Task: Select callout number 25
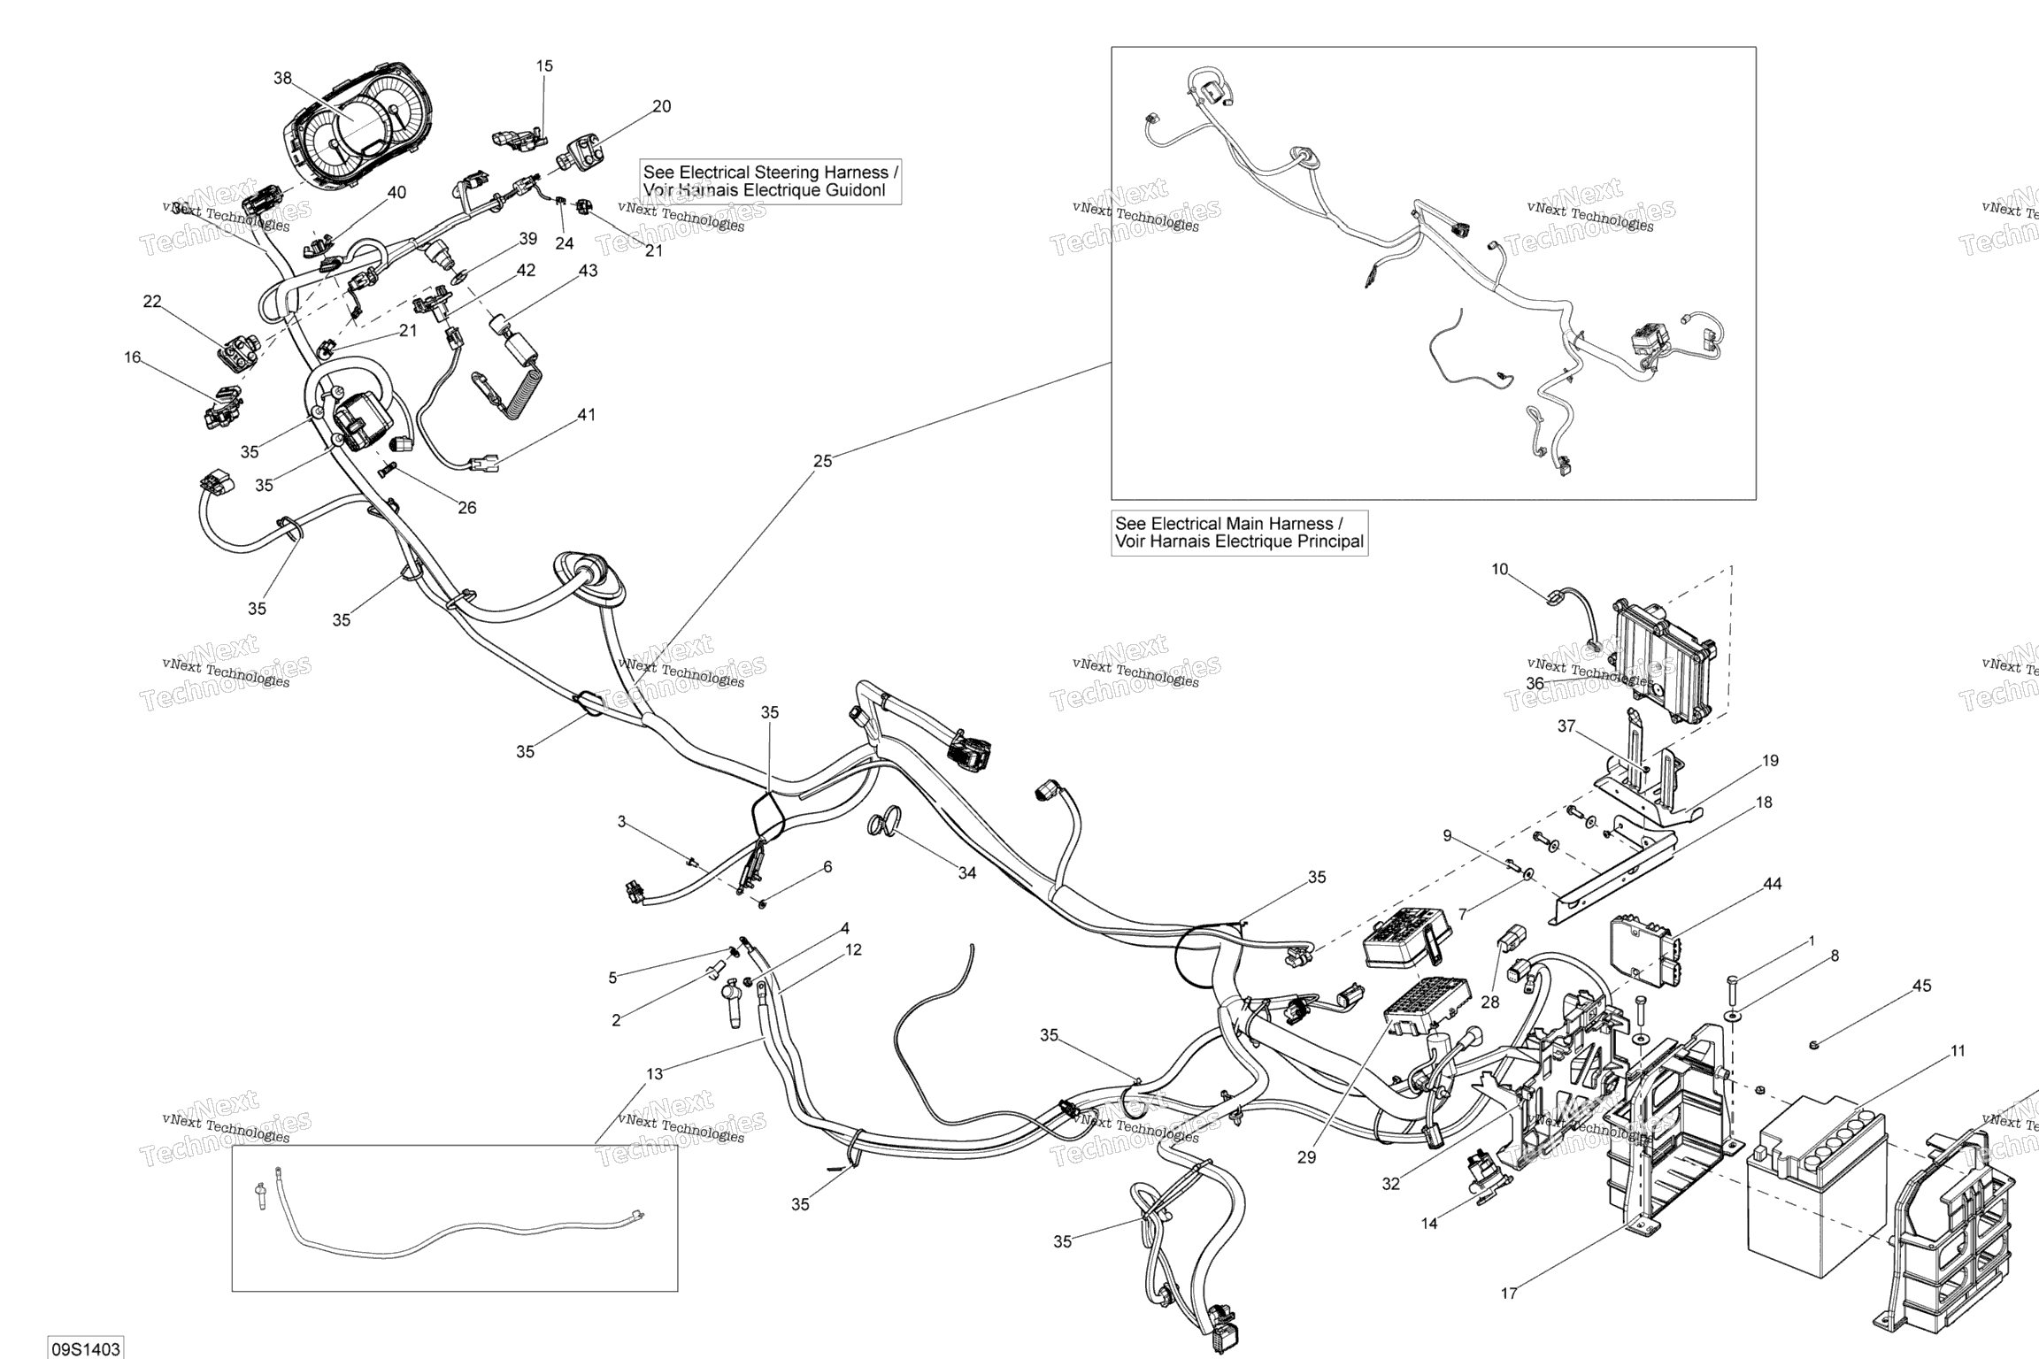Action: (x=822, y=461)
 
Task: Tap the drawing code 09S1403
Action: (x=85, y=1348)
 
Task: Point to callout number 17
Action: (x=1509, y=1294)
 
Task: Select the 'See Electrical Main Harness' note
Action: (x=1239, y=533)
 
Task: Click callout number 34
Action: (x=967, y=873)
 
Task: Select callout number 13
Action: (x=654, y=1074)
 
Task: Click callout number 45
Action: (x=1922, y=986)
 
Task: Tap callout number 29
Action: (x=1306, y=1157)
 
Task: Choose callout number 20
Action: (x=661, y=106)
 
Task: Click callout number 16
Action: (x=132, y=357)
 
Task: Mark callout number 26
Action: (x=466, y=507)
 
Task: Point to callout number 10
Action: (x=1499, y=569)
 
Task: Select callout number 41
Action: (x=587, y=414)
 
